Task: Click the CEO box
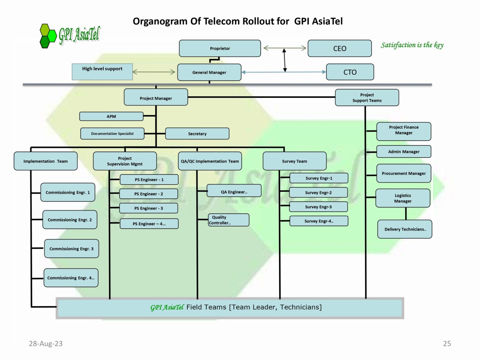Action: click(340, 48)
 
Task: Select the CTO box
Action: click(350, 72)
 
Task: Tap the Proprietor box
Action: click(220, 48)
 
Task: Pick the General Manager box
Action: click(209, 72)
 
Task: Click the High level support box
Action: click(102, 72)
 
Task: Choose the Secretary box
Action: click(197, 134)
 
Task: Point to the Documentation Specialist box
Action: click(112, 134)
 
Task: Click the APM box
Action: click(111, 117)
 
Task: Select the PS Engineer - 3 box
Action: click(148, 208)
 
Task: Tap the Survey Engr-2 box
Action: click(318, 193)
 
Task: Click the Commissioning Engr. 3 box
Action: click(71, 249)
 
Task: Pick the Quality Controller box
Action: click(228, 220)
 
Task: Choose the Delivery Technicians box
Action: click(405, 229)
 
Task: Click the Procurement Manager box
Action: click(403, 173)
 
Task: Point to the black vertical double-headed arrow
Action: click(284, 60)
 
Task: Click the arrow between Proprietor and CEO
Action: click(284, 48)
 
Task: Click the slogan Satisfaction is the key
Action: click(412, 45)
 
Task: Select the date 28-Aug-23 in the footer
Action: click(46, 344)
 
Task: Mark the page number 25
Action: click(447, 344)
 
